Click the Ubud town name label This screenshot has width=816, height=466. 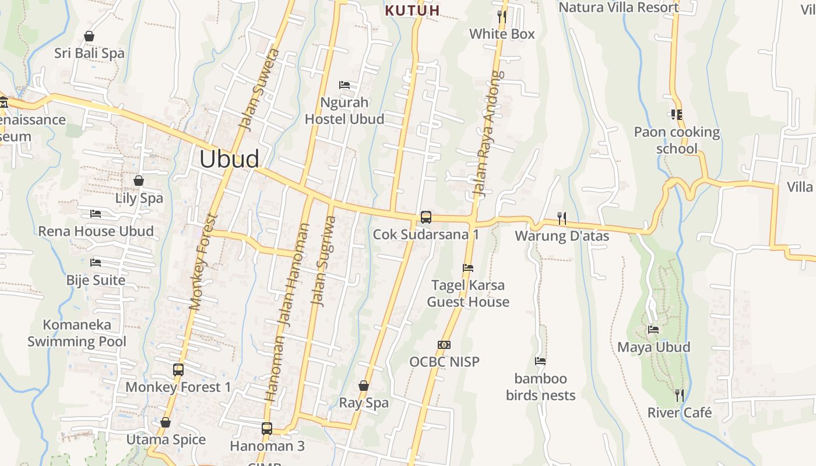(229, 159)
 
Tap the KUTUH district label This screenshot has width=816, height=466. (413, 10)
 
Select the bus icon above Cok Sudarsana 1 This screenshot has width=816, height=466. (426, 217)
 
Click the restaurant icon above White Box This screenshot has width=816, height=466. (502, 16)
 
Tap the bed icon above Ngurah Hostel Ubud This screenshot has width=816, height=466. (344, 85)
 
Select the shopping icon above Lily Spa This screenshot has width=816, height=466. (139, 181)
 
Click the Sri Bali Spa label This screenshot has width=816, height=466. (89, 53)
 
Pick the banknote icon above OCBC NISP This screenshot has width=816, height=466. (444, 345)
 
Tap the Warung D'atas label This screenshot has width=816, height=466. (562, 236)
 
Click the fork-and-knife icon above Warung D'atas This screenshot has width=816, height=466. (562, 218)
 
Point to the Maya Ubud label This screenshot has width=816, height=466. (653, 347)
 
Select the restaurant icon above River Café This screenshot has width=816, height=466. (680, 395)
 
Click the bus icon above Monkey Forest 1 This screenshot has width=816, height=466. (178, 369)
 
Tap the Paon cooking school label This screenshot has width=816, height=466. (677, 140)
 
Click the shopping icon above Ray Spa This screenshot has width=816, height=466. (364, 386)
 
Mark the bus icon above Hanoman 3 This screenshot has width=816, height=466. (267, 429)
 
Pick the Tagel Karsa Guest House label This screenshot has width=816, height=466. (468, 294)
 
